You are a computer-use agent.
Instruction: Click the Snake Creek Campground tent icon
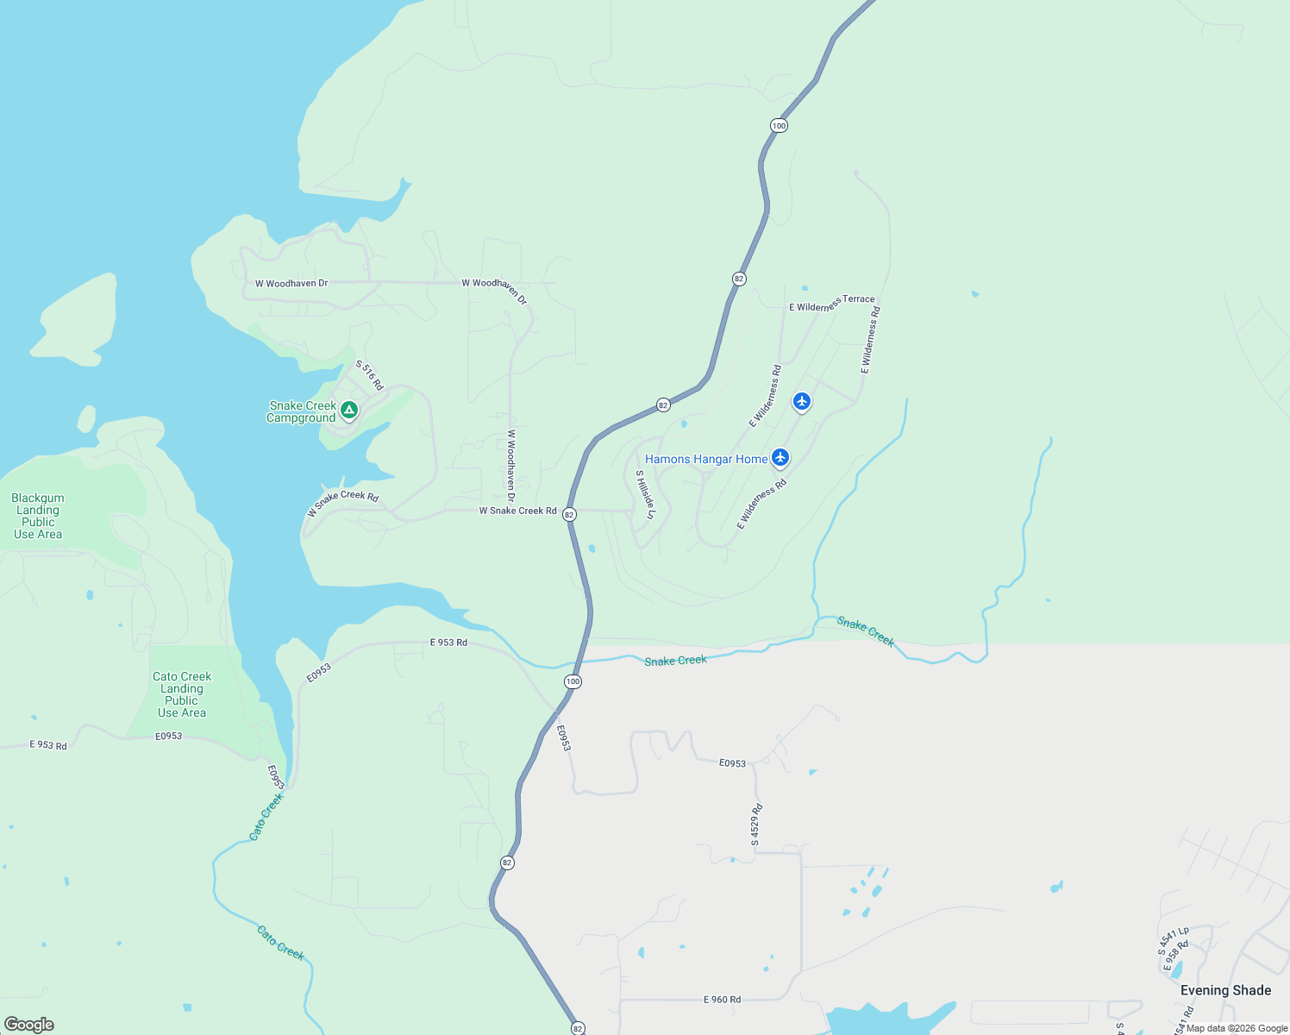pyautogui.click(x=349, y=410)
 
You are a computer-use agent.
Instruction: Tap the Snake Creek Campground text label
pyautogui.click(x=302, y=412)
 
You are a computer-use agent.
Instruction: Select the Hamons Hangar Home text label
pyautogui.click(x=706, y=459)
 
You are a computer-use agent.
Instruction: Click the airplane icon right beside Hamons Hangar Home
pyautogui.click(x=780, y=457)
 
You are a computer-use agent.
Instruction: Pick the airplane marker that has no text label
pyautogui.click(x=802, y=401)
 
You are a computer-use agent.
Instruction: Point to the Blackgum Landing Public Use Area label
pyautogui.click(x=38, y=516)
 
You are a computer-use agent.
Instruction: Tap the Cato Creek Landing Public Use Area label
pyautogui.click(x=182, y=694)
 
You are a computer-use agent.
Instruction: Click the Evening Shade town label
pyautogui.click(x=1225, y=990)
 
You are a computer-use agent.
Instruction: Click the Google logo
pyautogui.click(x=28, y=1025)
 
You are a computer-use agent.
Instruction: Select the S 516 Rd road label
pyautogui.click(x=369, y=375)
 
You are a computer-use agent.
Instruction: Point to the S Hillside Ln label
pyautogui.click(x=646, y=495)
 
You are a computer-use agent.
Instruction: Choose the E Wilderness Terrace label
pyautogui.click(x=831, y=304)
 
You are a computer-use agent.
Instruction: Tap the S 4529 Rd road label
pyautogui.click(x=756, y=825)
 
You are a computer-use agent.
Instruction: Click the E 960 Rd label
pyautogui.click(x=722, y=1000)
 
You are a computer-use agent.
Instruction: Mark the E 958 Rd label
pyautogui.click(x=1176, y=956)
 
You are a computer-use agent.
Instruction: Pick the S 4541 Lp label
pyautogui.click(x=1174, y=940)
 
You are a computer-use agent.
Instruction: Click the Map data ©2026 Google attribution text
pyautogui.click(x=1237, y=1028)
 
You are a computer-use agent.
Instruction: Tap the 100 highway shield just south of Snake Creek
pyautogui.click(x=573, y=681)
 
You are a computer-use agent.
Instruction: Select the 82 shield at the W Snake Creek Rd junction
pyautogui.click(x=569, y=514)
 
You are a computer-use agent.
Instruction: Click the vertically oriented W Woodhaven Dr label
pyautogui.click(x=510, y=466)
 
